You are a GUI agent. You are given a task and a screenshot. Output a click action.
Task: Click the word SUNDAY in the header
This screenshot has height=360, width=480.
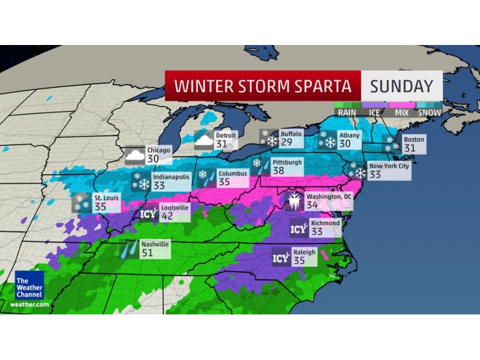401,86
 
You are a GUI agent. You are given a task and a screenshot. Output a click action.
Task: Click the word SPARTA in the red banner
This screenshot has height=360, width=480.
322,86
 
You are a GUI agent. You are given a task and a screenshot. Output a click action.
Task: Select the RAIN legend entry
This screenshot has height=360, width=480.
347,112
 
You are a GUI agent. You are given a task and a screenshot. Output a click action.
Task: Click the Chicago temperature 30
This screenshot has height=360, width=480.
153,159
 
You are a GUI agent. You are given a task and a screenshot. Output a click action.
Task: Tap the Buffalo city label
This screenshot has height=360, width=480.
291,134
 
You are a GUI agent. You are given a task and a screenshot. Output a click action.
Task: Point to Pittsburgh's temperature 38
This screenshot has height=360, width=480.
280,171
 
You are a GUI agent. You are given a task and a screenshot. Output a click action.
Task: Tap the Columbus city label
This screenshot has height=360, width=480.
233,174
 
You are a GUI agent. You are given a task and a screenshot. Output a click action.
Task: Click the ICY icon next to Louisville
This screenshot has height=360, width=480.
148,213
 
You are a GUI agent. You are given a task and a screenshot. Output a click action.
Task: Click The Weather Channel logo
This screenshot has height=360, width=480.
29,285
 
